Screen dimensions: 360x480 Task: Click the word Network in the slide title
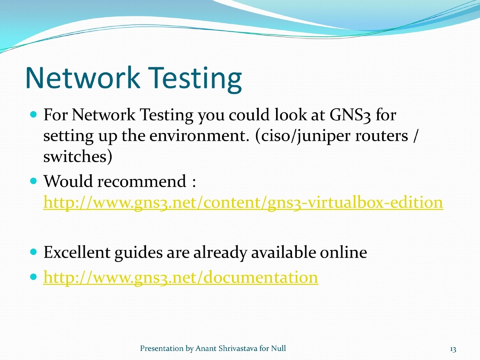pos(82,78)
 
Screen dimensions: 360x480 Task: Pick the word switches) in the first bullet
pos(78,157)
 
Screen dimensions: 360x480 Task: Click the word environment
pos(200,136)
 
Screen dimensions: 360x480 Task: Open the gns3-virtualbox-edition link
pos(243,202)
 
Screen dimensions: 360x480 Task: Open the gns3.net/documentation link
pos(180,277)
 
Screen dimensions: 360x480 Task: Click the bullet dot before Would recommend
pos(34,181)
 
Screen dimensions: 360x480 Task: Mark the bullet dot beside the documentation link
pos(34,277)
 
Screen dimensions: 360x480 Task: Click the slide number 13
pos(453,349)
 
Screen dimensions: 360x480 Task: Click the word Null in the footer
pos(278,349)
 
